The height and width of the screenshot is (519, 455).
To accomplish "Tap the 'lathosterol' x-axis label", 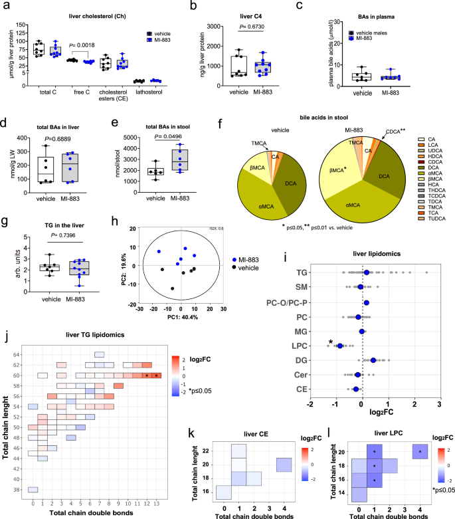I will click(x=139, y=91).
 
